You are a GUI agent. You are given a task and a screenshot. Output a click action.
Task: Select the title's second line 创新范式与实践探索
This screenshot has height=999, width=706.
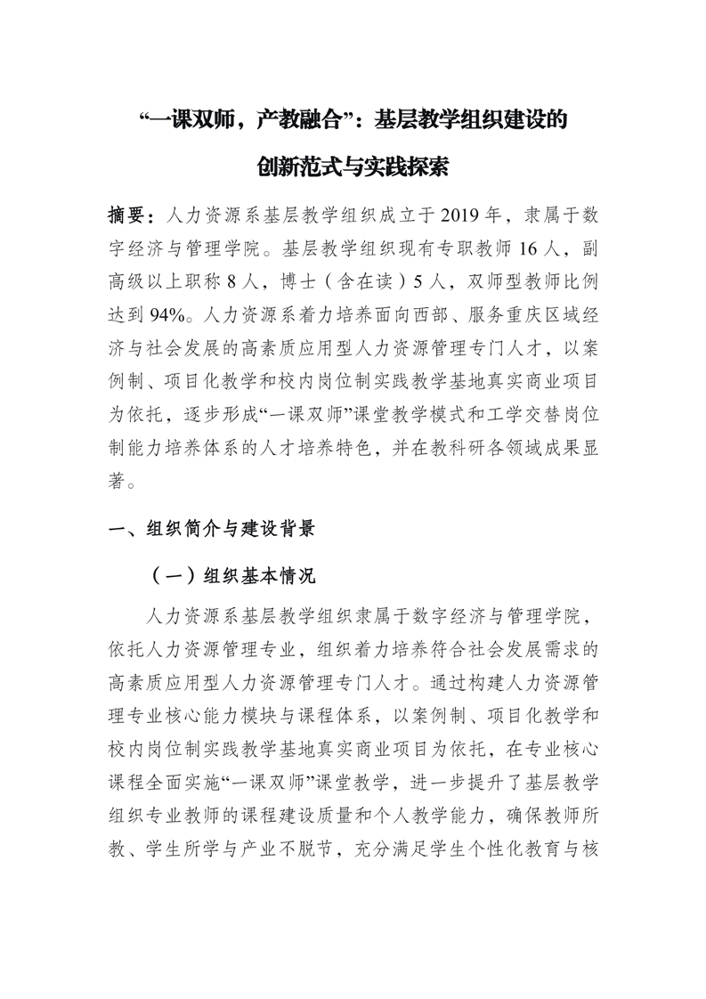tap(353, 166)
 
